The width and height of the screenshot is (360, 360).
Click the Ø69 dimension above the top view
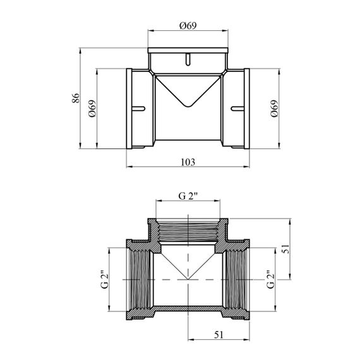point(188,25)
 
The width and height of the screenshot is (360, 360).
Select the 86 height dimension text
point(76,98)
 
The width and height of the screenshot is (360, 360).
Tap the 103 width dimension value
point(188,162)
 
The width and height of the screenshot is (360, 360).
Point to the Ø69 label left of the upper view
point(92,109)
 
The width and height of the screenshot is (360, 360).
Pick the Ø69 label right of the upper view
point(274,109)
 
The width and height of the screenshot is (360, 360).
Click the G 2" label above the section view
point(188,196)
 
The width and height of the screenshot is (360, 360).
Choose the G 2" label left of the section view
point(105,280)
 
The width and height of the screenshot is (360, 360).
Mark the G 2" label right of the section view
point(271,280)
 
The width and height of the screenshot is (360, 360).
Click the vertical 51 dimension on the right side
point(286,248)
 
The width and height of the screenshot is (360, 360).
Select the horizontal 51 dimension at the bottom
point(219,335)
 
